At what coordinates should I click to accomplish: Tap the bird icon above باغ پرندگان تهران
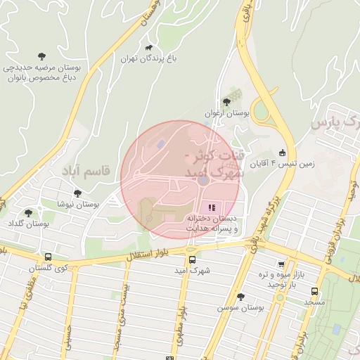tap(148, 48)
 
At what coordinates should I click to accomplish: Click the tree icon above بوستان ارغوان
tap(226, 102)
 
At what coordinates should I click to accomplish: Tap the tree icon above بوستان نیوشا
tap(77, 193)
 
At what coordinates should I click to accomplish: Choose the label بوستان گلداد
tap(28, 223)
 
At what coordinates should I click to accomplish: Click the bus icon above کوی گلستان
tap(47, 257)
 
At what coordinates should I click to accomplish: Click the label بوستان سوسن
tap(240, 307)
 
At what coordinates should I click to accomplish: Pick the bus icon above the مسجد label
tap(314, 291)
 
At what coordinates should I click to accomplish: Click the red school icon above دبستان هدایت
tap(212, 207)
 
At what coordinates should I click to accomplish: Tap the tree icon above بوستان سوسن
tap(240, 297)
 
